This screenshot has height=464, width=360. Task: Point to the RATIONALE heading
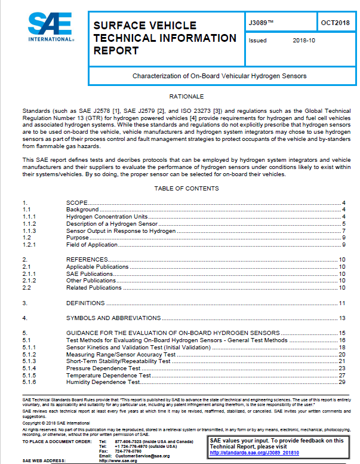click(186, 96)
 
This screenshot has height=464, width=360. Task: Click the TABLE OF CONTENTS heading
click(186, 189)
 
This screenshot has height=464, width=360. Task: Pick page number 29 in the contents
click(342, 382)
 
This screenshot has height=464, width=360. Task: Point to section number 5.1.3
click(30, 361)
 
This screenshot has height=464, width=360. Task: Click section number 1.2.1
click(30, 245)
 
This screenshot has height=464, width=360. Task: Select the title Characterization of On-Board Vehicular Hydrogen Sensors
click(219, 76)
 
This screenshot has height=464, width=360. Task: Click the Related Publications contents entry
click(94, 288)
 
